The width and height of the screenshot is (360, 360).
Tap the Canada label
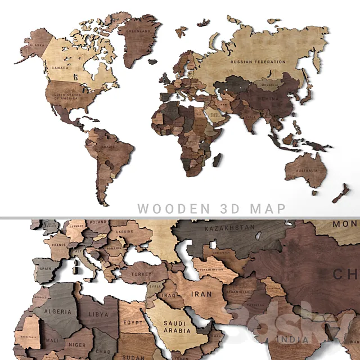tap(61, 67)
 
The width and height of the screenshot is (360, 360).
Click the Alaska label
tap(37, 45)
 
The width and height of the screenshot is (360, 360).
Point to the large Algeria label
tap(57, 311)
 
